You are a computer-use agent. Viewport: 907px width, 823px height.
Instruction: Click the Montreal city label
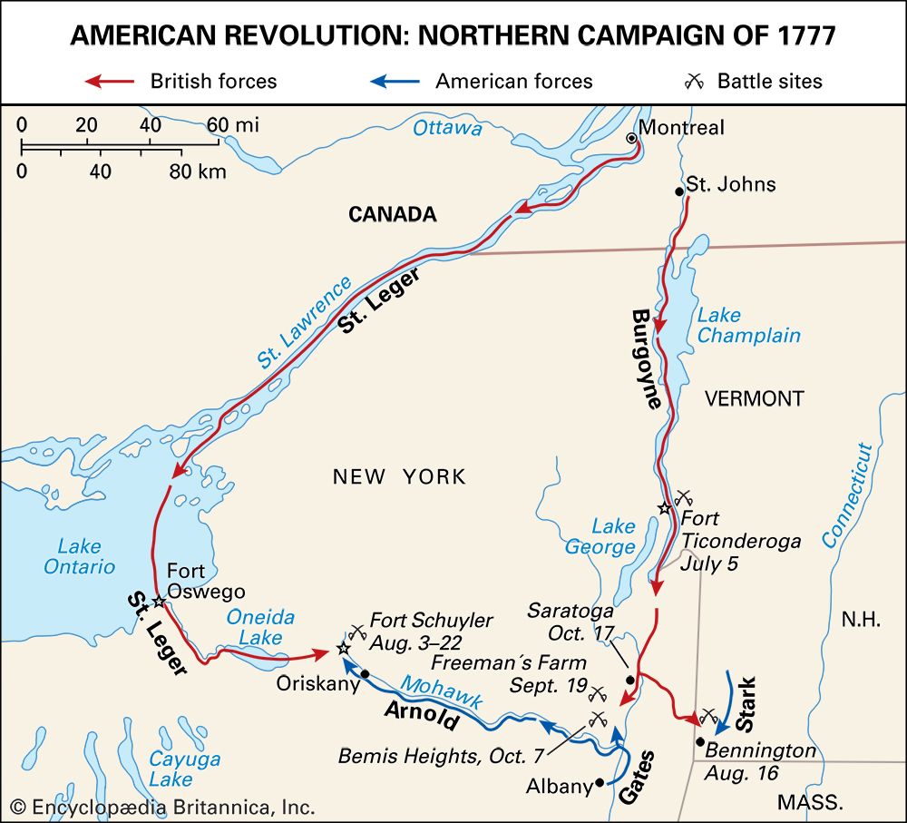tap(682, 127)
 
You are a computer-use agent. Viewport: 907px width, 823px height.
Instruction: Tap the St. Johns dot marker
tap(678, 191)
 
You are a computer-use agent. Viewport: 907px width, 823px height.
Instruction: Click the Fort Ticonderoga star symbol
tap(666, 508)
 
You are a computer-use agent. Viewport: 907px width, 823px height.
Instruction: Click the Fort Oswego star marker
tap(158, 602)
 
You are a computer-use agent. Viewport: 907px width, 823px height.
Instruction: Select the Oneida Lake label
tap(260, 627)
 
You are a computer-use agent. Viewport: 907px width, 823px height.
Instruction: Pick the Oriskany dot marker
tap(365, 674)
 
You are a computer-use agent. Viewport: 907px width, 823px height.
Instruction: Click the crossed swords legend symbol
tap(695, 81)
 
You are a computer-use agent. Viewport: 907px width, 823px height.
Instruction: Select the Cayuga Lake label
tap(171, 769)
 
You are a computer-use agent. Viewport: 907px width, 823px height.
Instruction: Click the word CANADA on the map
tap(392, 214)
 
